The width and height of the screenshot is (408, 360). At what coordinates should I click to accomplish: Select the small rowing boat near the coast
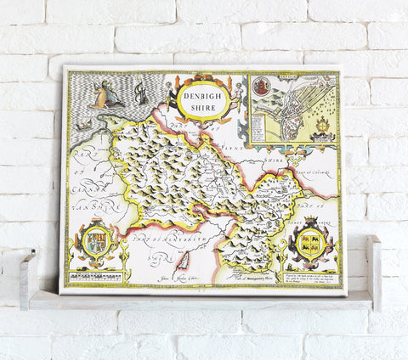[x=84, y=126]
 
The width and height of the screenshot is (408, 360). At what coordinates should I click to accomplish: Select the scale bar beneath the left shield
[x=96, y=277]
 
